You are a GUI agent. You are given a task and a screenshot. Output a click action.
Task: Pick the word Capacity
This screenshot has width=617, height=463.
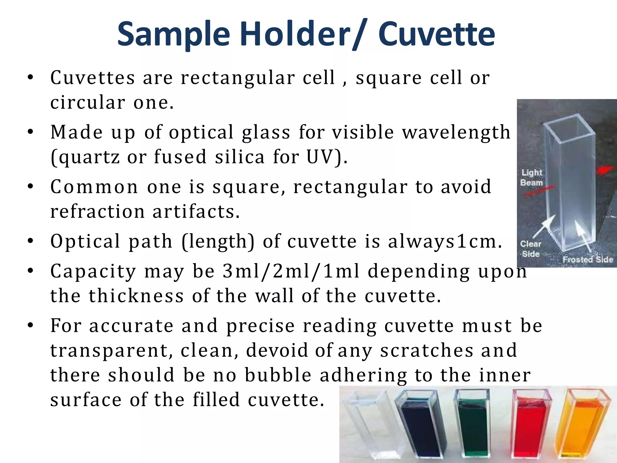tap(93, 271)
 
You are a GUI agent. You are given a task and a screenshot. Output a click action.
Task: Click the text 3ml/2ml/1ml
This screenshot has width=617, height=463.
tap(291, 271)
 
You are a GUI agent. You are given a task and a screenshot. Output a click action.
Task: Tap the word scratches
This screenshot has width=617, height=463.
tap(426, 350)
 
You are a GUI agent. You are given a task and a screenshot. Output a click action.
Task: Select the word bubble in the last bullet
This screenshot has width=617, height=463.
tap(278, 375)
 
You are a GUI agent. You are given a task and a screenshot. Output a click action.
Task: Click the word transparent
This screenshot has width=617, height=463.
tap(111, 351)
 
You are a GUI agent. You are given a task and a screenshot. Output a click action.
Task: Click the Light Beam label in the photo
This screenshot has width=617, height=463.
tap(532, 178)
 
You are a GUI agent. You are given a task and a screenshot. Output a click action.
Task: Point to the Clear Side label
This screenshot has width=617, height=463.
tap(531, 249)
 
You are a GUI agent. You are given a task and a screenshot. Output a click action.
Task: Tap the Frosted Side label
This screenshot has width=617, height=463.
tap(587, 260)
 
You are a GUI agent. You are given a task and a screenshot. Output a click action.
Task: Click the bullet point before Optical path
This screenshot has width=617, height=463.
tap(30, 241)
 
